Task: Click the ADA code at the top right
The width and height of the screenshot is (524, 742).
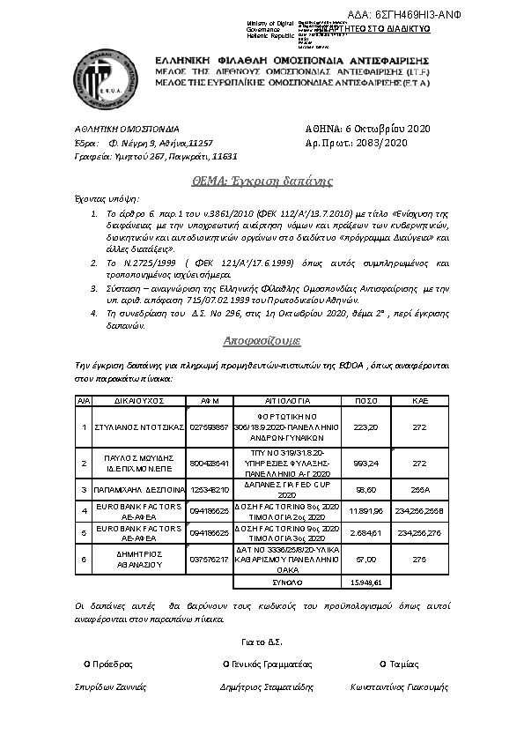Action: (448, 16)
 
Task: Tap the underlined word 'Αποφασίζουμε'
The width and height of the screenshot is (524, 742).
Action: (262, 338)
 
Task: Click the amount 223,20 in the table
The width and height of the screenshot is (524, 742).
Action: (365, 427)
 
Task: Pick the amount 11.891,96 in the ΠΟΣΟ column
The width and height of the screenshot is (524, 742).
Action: (365, 510)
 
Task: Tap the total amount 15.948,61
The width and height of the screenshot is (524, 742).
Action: (365, 582)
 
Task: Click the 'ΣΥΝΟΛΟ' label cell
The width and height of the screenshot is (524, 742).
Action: (283, 582)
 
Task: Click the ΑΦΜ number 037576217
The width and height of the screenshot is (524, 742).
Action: (209, 559)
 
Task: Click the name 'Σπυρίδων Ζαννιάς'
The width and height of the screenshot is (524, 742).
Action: (111, 686)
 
